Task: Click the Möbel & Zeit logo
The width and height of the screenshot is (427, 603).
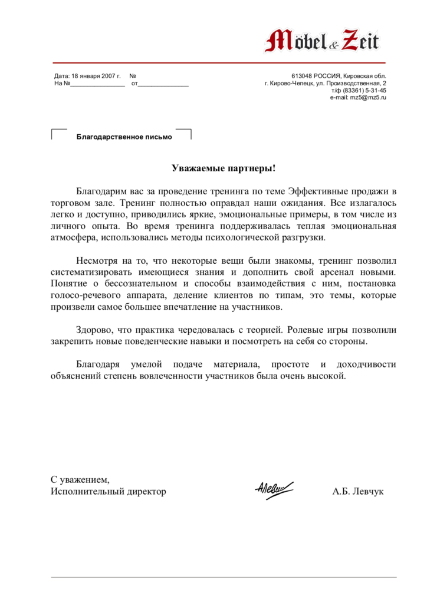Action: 323,40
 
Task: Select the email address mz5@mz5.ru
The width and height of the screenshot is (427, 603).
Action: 367,97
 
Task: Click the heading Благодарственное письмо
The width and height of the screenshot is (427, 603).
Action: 124,137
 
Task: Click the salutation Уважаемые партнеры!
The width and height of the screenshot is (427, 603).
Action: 224,168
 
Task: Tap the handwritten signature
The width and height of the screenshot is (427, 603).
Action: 274,488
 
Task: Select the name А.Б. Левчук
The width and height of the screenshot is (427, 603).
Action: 358,491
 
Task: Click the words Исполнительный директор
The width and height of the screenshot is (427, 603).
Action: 108,491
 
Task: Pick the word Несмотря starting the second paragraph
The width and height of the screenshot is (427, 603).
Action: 97,260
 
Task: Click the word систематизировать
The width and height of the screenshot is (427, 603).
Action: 98,271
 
